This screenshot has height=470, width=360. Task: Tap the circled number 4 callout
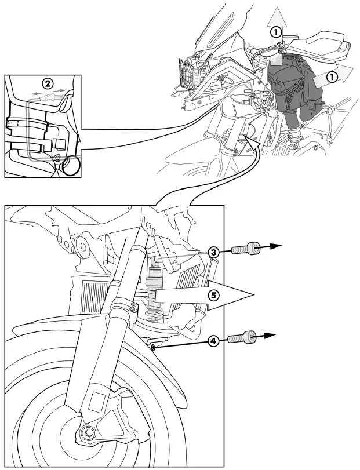pyautogui.click(x=214, y=341)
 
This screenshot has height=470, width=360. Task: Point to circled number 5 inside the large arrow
pyautogui.click(x=214, y=295)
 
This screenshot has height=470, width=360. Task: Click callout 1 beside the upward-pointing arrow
pyautogui.click(x=277, y=33)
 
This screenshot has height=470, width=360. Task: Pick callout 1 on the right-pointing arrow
pyautogui.click(x=332, y=75)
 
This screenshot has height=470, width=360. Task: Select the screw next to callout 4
pyautogui.click(x=241, y=337)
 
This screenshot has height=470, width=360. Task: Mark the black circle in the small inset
pyautogui.click(x=72, y=167)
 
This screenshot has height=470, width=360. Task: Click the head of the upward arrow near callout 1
pyautogui.click(x=278, y=13)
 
